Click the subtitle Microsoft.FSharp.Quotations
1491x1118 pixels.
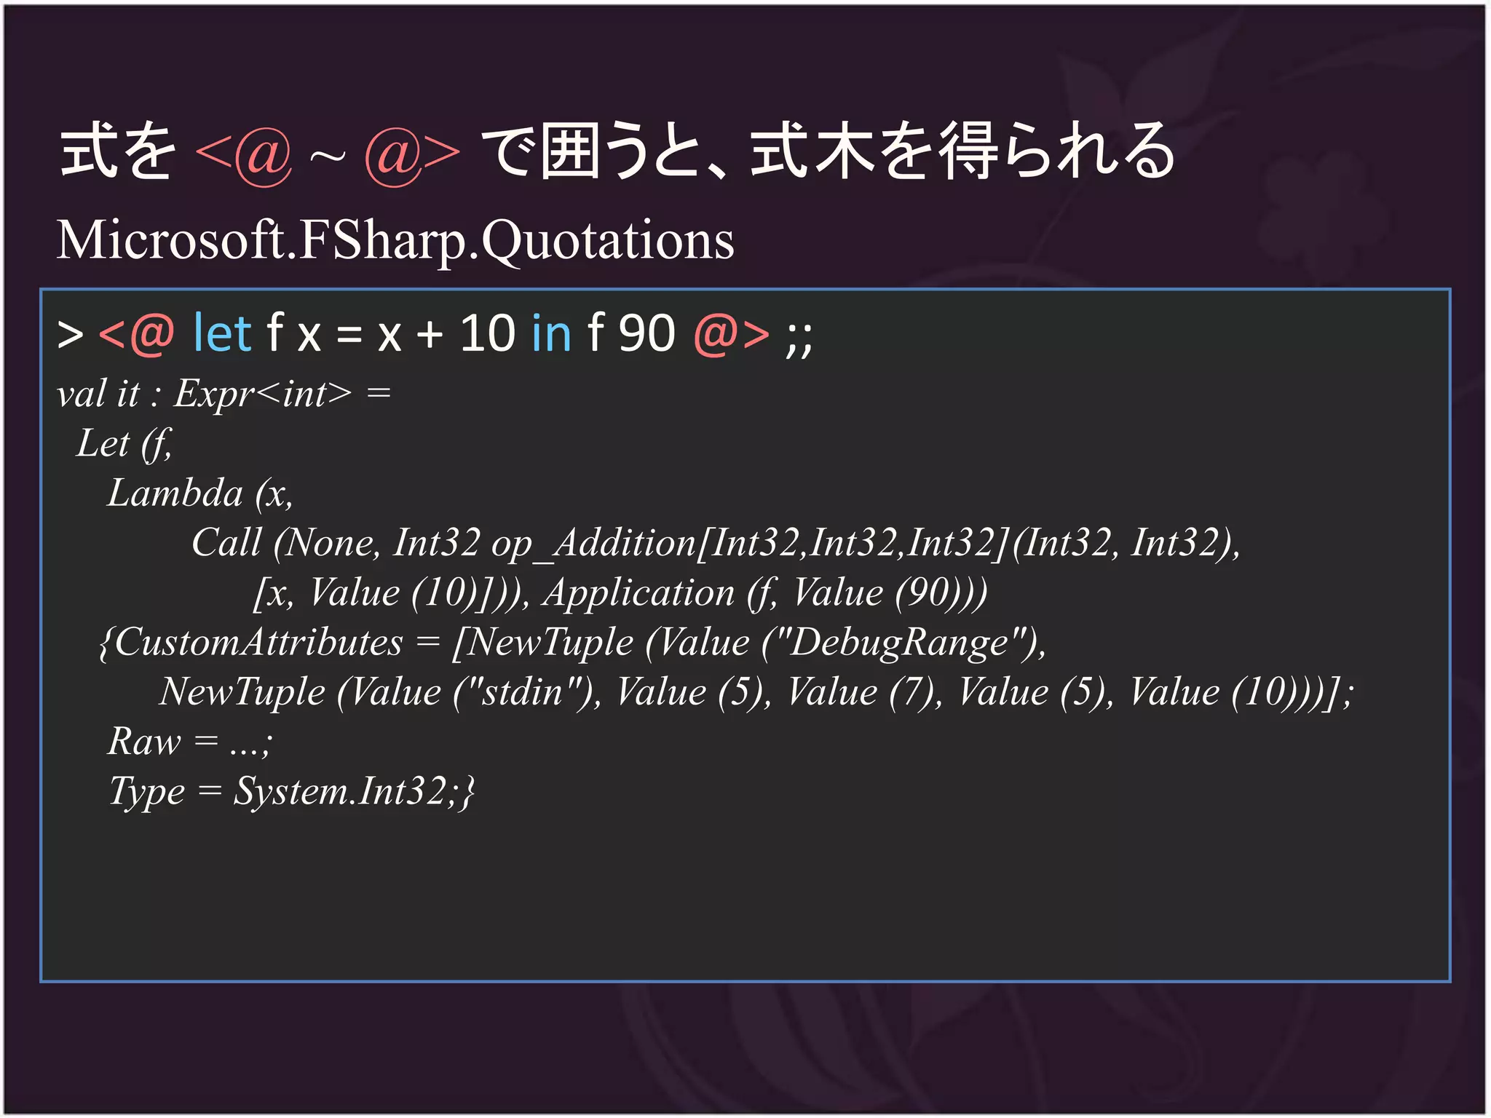(x=395, y=240)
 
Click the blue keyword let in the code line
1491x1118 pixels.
(x=222, y=334)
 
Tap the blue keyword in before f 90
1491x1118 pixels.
(x=551, y=334)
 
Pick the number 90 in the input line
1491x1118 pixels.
(x=646, y=334)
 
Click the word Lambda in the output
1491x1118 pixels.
(x=175, y=493)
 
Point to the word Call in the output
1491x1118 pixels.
(x=226, y=543)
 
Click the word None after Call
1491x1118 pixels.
(x=330, y=543)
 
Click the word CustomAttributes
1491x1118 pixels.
(x=258, y=643)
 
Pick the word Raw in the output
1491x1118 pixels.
(x=143, y=742)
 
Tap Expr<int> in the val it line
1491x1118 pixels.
(x=262, y=394)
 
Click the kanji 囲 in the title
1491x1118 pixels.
(x=571, y=151)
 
